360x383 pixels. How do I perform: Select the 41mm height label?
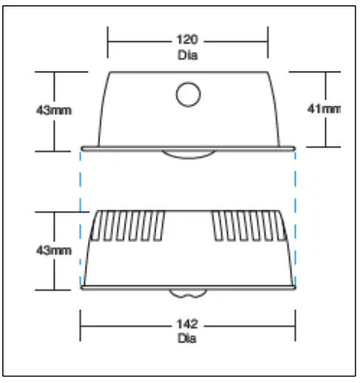(325, 109)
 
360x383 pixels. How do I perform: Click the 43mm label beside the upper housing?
(54, 109)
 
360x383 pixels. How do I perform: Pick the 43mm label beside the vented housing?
(54, 250)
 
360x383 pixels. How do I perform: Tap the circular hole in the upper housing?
(188, 94)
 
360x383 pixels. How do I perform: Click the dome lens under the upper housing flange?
(190, 153)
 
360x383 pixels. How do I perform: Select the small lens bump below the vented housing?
(188, 292)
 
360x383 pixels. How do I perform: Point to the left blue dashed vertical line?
(80, 214)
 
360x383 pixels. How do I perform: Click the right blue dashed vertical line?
(295, 214)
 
